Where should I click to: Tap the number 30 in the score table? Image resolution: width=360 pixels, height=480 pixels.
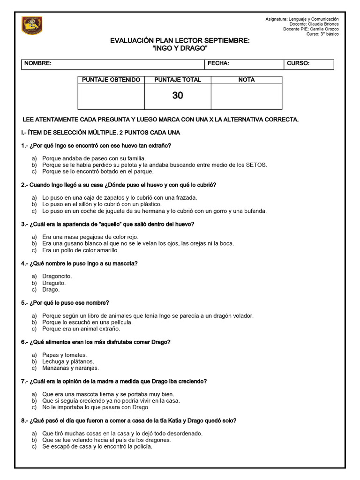click(178, 96)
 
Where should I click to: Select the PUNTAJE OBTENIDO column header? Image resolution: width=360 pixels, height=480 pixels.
click(111, 80)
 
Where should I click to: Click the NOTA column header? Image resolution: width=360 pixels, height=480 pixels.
click(247, 80)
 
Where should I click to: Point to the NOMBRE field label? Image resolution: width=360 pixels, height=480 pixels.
click(38, 64)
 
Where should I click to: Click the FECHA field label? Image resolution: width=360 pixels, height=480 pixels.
click(218, 64)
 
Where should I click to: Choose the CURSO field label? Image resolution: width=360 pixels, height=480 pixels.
click(298, 64)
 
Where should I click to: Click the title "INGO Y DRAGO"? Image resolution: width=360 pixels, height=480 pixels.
click(180, 49)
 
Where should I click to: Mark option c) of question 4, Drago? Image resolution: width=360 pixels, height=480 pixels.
click(51, 290)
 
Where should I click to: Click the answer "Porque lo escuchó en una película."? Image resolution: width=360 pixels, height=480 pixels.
click(87, 322)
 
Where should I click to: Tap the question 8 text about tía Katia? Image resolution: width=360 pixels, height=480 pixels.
click(129, 421)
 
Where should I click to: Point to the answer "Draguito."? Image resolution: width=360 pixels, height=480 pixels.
click(54, 283)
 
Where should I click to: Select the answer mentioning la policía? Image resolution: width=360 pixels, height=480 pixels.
click(97, 447)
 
